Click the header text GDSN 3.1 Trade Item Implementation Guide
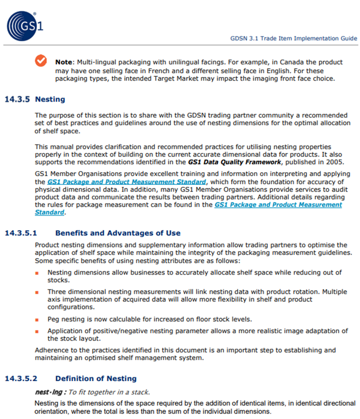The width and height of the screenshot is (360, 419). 294,38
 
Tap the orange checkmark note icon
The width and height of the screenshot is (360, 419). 41,61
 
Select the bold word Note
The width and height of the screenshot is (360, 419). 64,62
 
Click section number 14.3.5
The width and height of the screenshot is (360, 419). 17,99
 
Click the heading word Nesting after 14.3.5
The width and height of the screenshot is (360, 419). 50,99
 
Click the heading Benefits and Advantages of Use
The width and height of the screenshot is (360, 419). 117,233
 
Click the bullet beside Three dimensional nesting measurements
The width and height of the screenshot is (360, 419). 37,292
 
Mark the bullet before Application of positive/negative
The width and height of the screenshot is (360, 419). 37,331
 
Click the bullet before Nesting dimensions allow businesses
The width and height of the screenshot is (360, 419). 37,273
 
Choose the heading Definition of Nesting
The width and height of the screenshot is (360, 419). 96,378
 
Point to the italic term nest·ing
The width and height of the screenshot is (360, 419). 50,392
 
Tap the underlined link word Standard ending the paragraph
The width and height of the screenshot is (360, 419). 50,212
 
